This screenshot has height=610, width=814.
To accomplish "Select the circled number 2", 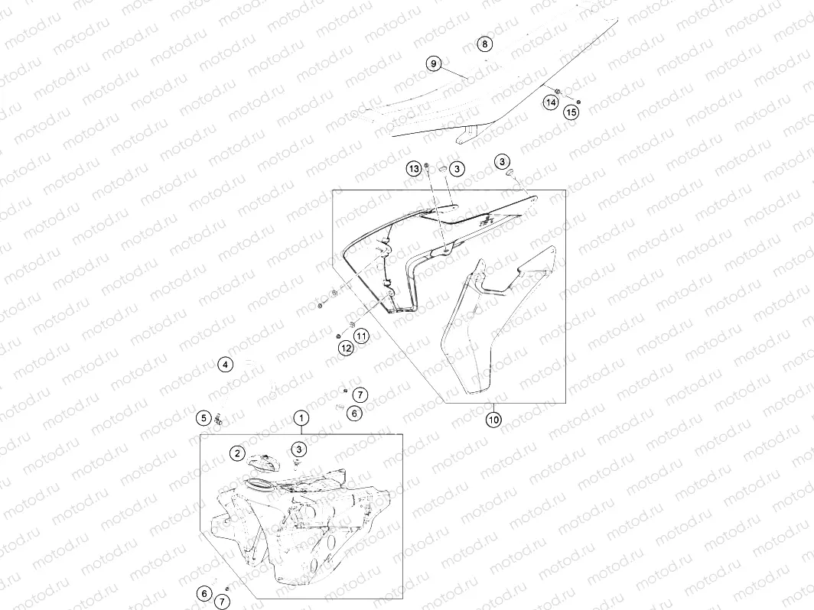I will pos(238,453).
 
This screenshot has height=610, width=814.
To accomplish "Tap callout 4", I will pos(225,365).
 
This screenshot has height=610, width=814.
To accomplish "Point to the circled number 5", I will pos(203,417).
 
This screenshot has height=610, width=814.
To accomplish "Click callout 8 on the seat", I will pos(484,44).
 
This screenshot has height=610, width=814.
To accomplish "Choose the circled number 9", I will pos(434,64).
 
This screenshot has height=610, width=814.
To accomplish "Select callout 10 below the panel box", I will pos(493,420).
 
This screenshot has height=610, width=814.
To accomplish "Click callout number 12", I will pos(346,349).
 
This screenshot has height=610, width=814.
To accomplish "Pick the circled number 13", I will pos(414,168).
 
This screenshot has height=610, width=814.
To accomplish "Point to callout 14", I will pos(551,102).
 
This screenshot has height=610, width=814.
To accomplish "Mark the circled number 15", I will pos(571,112).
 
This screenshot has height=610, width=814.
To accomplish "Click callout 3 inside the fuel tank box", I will pos(300,449).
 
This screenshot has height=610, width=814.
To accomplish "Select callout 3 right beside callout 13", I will pos(457,168).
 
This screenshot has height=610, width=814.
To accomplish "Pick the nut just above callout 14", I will pos(558,92).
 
